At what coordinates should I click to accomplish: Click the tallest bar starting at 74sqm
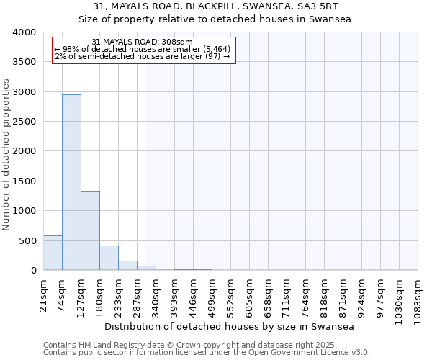[x=71, y=182]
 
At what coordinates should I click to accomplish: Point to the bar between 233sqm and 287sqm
[x=127, y=265]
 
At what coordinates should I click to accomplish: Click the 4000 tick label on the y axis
[x=24, y=32]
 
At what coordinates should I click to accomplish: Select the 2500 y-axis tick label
[x=24, y=122]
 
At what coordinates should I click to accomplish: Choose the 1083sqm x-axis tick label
[x=418, y=298]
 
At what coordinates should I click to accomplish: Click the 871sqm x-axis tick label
[x=343, y=293]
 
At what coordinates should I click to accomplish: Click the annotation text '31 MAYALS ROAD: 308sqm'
[x=143, y=42]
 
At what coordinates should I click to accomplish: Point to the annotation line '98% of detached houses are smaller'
[x=143, y=49]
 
